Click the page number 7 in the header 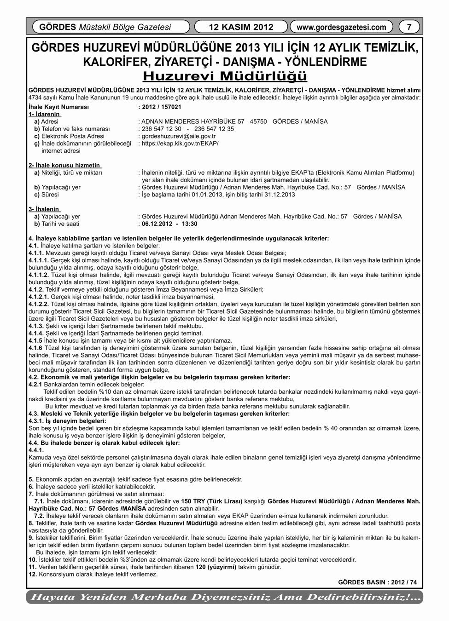pos(409,27)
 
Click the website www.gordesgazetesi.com pos(341,27)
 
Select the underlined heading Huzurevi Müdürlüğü pos(225,75)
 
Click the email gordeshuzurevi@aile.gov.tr pos(179,136)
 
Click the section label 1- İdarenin pos(45,114)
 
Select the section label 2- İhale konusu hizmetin pos(64,165)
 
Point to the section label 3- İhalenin pos(44,209)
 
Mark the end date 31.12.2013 pos(279,195)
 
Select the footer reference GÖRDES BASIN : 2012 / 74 pos(377,582)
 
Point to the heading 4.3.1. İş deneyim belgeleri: pos(67,421)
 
